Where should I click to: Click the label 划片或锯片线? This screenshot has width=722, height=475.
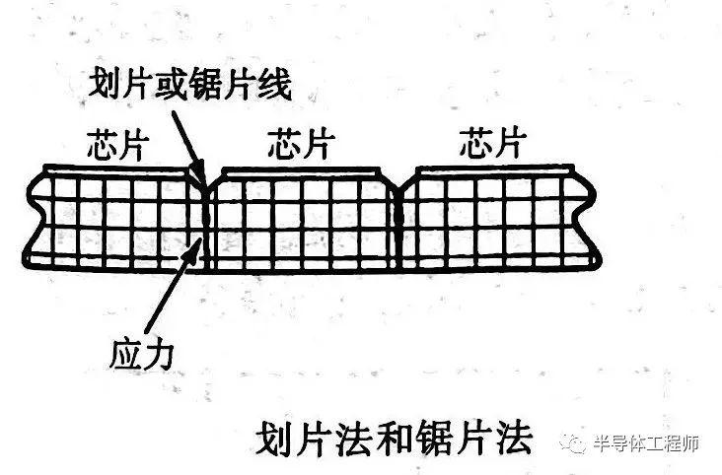tap(189, 84)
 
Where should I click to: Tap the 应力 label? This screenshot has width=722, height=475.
tap(142, 356)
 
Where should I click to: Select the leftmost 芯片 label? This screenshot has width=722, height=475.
tap(118, 145)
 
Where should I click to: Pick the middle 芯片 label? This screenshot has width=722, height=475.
tap(302, 143)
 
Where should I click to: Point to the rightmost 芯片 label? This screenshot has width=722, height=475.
tap(493, 143)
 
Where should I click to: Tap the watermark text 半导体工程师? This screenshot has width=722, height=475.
tap(646, 443)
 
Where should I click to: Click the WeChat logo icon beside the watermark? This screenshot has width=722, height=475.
tap(573, 443)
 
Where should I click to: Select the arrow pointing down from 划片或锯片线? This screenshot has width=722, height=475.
tap(187, 148)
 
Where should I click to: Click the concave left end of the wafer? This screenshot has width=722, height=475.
tap(36, 216)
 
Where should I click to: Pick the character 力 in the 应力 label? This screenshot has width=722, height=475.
tap(159, 356)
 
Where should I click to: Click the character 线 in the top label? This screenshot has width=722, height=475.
tap(275, 84)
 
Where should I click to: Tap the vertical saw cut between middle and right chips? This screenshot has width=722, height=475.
tap(397, 231)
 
